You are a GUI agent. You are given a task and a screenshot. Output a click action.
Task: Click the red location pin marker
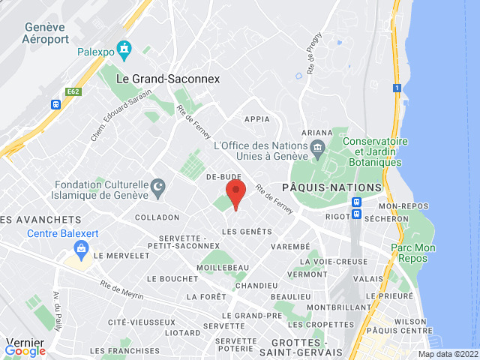tap(236, 193)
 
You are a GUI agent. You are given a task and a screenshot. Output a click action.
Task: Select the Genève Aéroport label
tap(46, 32)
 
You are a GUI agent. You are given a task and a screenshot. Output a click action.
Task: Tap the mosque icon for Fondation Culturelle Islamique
tap(158, 185)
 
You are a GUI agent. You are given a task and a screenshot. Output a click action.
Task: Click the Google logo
tap(25, 350)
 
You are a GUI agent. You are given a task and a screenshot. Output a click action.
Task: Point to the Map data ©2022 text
tap(447, 354)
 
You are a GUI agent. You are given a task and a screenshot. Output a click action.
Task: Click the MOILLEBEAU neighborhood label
tap(223, 268)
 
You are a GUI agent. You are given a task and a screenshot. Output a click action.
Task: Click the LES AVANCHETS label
tap(40, 220)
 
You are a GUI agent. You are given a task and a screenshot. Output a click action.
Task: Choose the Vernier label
tap(25, 341)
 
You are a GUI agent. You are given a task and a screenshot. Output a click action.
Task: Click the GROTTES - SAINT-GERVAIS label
tap(297, 346)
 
